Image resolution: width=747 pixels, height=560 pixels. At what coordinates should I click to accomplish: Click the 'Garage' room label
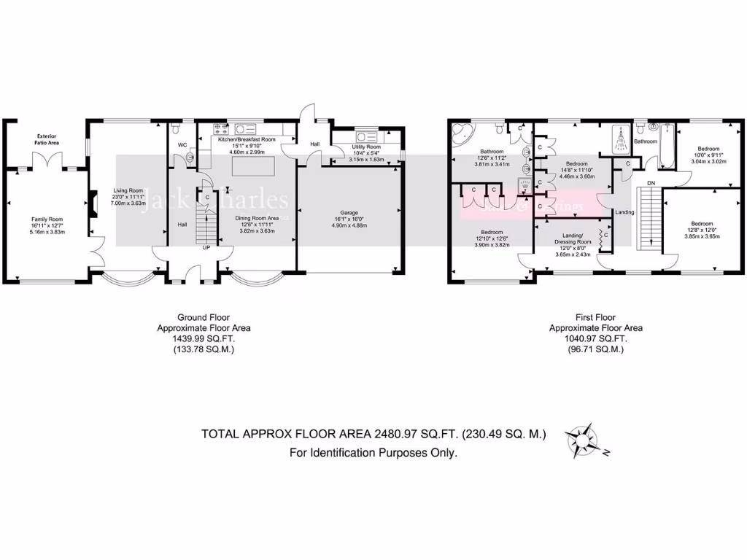pyautogui.click(x=349, y=213)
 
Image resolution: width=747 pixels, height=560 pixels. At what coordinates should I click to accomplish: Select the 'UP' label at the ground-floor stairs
pyautogui.click(x=206, y=247)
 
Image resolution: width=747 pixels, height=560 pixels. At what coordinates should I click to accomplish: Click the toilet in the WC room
pyautogui.click(x=190, y=155)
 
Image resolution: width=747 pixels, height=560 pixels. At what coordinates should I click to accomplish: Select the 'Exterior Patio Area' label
pyautogui.click(x=47, y=139)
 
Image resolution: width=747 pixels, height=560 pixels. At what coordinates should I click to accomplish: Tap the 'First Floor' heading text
pyautogui.click(x=595, y=317)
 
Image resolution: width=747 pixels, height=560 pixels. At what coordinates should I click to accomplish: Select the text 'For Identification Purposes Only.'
pyautogui.click(x=373, y=453)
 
